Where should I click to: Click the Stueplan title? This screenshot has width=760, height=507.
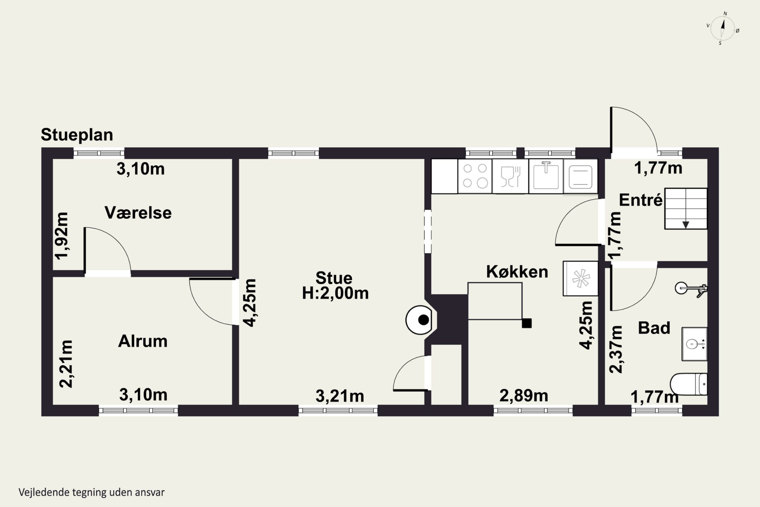tap(77, 135)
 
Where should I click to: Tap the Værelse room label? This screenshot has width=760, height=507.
tap(138, 213)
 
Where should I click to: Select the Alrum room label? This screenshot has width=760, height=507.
tap(143, 341)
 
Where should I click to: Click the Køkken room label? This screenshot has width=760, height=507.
tap(517, 271)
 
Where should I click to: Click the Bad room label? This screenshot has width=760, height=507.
tap(654, 328)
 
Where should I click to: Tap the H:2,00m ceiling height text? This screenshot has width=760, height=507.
tap(335, 293)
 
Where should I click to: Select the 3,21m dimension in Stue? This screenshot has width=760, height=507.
tap(340, 396)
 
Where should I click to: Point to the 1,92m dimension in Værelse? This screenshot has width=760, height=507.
tap(62, 236)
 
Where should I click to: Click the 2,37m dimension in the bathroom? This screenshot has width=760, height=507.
tap(616, 349)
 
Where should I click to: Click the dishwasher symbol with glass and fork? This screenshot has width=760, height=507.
tap(510, 176)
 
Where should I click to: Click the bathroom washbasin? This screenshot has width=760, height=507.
tap(694, 344)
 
